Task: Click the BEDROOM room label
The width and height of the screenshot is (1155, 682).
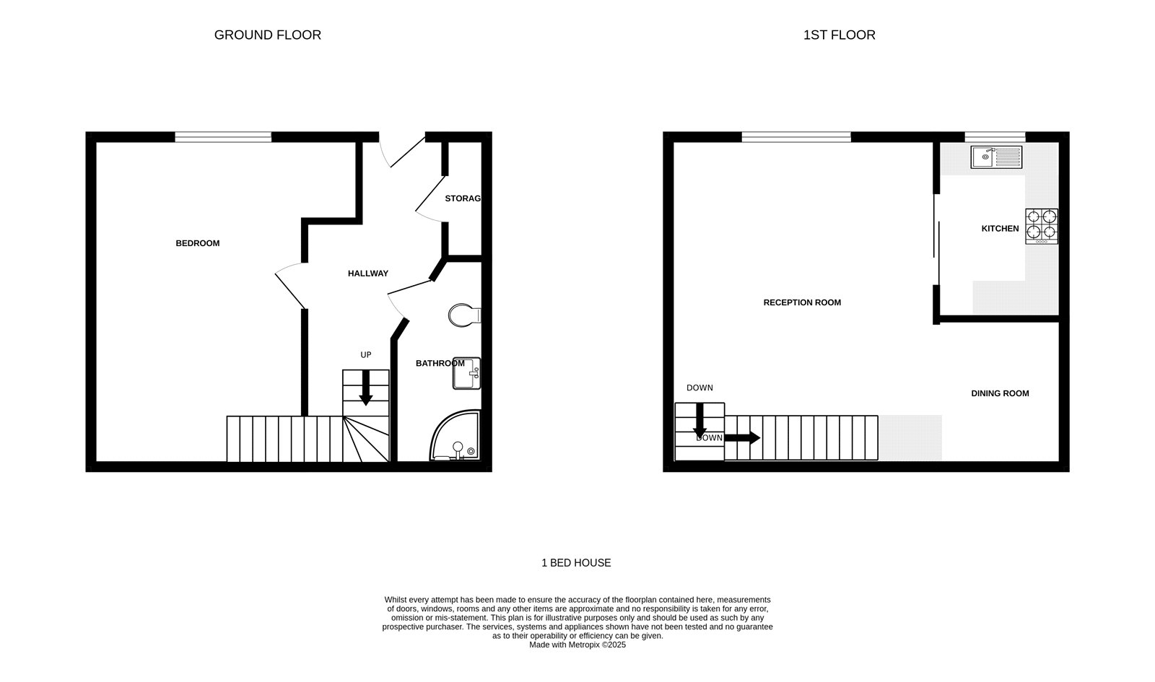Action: click(197, 243)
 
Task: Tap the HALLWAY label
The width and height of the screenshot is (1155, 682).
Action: click(367, 274)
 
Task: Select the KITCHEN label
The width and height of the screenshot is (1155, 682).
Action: click(1000, 229)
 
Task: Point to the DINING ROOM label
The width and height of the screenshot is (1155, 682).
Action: click(1000, 393)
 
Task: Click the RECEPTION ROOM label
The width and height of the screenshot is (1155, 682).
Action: click(802, 302)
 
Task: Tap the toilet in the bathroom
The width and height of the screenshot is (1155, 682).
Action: click(463, 315)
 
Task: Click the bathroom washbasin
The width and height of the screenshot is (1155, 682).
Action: click(466, 373)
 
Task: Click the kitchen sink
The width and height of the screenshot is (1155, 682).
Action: click(996, 157)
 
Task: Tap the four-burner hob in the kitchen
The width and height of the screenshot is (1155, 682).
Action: click(1042, 226)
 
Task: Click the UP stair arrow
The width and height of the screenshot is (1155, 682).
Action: click(366, 387)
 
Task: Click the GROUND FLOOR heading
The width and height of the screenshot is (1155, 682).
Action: click(267, 35)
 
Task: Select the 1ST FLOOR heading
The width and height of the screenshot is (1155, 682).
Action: click(839, 35)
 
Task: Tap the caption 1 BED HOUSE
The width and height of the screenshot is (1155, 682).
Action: click(576, 563)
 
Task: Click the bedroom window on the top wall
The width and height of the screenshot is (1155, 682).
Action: click(223, 136)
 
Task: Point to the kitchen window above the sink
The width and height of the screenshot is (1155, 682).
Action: click(995, 136)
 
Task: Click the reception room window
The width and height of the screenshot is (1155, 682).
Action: click(796, 136)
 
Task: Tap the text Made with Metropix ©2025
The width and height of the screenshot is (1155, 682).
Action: click(577, 645)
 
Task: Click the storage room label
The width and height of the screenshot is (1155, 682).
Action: click(463, 198)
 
